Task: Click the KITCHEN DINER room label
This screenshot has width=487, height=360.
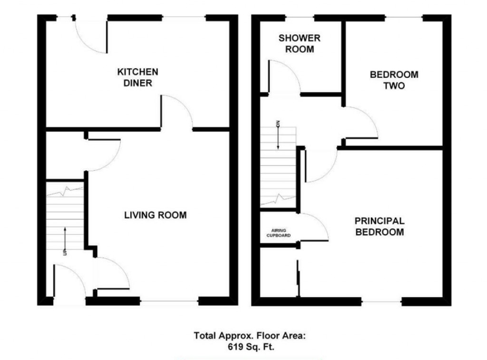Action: (137, 78)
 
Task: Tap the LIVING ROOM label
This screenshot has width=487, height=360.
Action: (155, 215)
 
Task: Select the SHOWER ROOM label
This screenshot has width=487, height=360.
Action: (300, 43)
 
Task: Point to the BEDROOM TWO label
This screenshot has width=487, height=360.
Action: (394, 80)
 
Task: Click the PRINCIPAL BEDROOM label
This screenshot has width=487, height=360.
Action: (380, 226)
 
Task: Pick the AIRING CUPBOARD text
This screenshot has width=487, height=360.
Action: (278, 233)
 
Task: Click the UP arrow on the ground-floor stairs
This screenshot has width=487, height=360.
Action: (65, 240)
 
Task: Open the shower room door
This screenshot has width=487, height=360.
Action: (284, 76)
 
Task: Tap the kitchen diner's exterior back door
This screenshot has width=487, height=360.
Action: (91, 36)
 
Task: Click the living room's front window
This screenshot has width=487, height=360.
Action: (169, 301)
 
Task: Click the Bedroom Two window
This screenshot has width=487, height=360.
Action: (403, 18)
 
